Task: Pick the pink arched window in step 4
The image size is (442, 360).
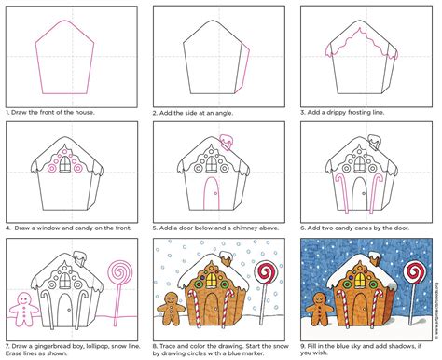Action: (61, 165)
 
